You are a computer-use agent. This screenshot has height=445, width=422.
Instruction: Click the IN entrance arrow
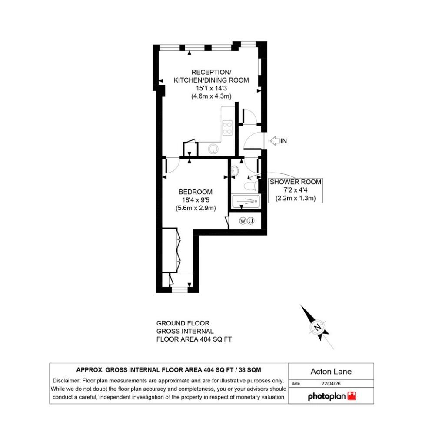pyautogui.click(x=275, y=141)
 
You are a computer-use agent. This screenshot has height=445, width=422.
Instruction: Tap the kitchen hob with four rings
pyautogui.click(x=227, y=128)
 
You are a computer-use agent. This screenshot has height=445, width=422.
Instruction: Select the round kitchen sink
pyautogui.click(x=213, y=149)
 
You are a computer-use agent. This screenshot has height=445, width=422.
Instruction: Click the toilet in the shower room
pyautogui.click(x=251, y=186)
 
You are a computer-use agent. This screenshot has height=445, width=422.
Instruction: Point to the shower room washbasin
pyautogui.click(x=234, y=170)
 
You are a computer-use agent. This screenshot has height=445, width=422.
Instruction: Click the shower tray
pyautogui.click(x=246, y=201)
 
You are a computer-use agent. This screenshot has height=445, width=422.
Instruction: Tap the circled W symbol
pyautogui.click(x=243, y=220)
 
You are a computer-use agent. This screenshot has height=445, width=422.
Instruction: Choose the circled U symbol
pyautogui.click(x=250, y=220)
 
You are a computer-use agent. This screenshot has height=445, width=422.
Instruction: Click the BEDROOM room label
pyautogui.click(x=196, y=192)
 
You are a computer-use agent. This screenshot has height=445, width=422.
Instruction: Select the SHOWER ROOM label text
pyautogui.click(x=296, y=182)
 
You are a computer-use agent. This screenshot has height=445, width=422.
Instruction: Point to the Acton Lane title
pyautogui.click(x=331, y=372)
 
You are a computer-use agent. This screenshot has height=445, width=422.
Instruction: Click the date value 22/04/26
pyautogui.click(x=331, y=383)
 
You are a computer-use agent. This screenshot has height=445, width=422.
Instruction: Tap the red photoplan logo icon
pyautogui.click(x=352, y=396)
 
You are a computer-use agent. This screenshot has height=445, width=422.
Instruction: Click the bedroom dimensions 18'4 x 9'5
pyautogui.click(x=196, y=200)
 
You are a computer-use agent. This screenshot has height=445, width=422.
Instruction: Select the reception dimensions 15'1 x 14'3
pyautogui.click(x=211, y=88)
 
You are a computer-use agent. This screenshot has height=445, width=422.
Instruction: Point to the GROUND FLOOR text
pyautogui.click(x=183, y=323)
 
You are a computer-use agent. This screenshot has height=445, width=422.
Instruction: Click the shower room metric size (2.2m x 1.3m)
pyautogui.click(x=296, y=198)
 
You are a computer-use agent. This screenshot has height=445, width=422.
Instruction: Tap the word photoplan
pyautogui.click(x=327, y=396)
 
